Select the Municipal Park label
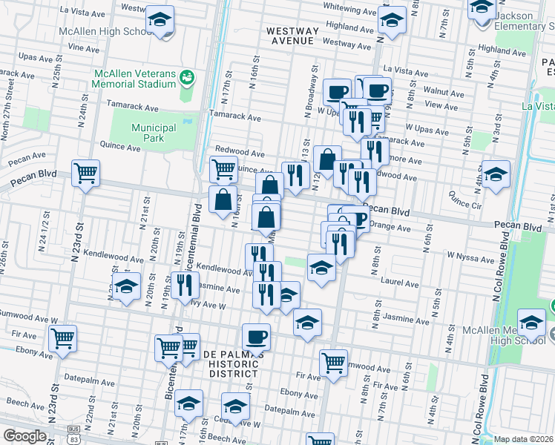154,133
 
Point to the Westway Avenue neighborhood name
295,36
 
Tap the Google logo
24,436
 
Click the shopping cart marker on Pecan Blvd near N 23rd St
86,174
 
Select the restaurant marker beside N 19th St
185,284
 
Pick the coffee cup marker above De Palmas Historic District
257,335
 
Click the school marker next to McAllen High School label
159,20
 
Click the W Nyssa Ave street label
470,258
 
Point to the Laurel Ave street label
401,283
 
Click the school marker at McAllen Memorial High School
531,323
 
